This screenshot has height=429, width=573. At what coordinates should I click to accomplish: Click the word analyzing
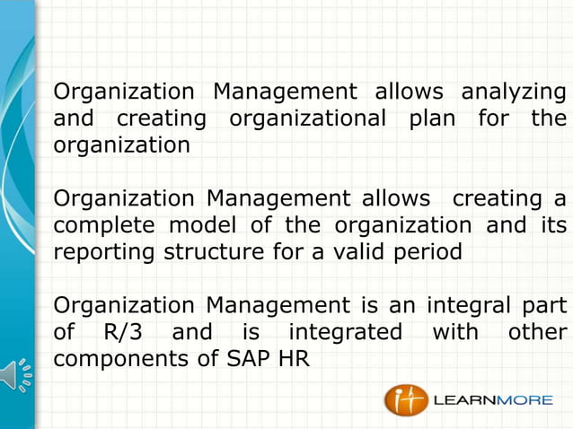coord(513,92)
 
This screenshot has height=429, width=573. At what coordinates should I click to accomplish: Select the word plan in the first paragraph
coord(431,118)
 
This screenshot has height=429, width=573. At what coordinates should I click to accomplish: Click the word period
coord(426,252)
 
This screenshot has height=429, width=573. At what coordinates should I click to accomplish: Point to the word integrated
coord(345,333)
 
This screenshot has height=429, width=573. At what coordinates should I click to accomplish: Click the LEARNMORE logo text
coord(493,400)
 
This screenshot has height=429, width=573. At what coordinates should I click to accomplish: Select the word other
coord(537,333)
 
